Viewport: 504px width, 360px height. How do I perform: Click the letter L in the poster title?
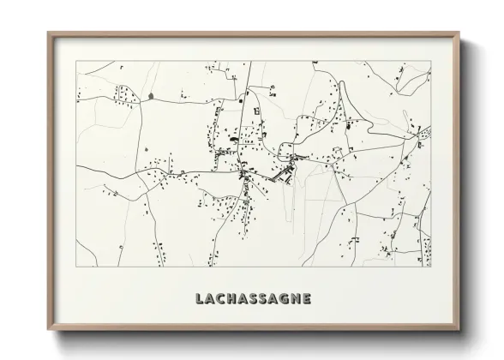click(x=199, y=300)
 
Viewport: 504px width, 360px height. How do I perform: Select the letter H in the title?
click(x=232, y=300)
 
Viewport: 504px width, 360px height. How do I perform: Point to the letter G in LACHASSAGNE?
click(x=284, y=300)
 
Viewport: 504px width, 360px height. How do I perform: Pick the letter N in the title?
click(x=296, y=300)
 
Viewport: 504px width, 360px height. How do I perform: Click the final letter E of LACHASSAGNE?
click(x=307, y=300)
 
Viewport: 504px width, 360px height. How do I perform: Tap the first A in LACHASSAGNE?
click(x=209, y=300)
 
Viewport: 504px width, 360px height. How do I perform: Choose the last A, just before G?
click(x=272, y=300)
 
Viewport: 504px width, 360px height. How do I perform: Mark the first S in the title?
click(x=252, y=300)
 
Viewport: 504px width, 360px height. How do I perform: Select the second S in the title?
click(x=261, y=300)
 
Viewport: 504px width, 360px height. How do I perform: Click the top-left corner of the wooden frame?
click(x=48, y=33)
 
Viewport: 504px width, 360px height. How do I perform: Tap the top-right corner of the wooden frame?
click(x=460, y=33)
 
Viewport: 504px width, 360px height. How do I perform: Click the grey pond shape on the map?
click(x=151, y=95)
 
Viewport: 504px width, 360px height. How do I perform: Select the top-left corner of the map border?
click(x=77, y=62)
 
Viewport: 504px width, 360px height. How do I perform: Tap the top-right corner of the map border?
click(x=431, y=62)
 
